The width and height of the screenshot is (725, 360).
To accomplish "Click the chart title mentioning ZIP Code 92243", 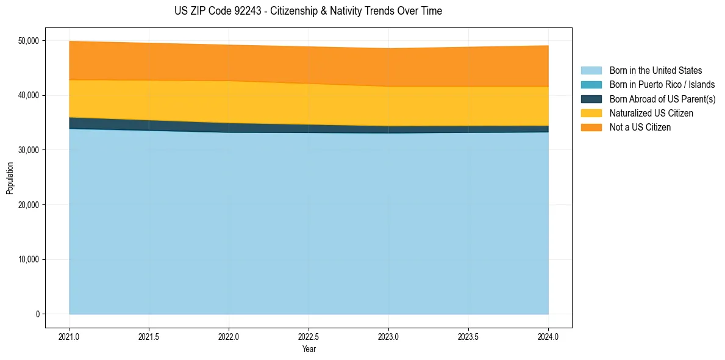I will pyautogui.click(x=308, y=11).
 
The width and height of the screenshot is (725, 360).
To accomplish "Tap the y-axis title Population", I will pyautogui.click(x=10, y=178).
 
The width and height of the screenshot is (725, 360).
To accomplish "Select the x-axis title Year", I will pyautogui.click(x=309, y=349).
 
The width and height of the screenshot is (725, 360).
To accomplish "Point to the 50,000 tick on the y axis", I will pyautogui.click(x=28, y=41).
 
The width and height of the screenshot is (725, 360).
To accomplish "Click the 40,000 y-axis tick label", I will pyautogui.click(x=28, y=95).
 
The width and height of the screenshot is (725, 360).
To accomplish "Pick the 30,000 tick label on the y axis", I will pyautogui.click(x=28, y=150).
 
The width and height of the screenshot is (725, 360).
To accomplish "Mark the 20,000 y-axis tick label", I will pyautogui.click(x=28, y=205).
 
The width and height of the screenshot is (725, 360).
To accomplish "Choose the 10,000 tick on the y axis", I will pyautogui.click(x=28, y=259).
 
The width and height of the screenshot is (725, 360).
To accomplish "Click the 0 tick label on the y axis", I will pyautogui.click(x=37, y=314).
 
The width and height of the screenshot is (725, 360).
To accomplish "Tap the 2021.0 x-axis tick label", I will pyautogui.click(x=70, y=336).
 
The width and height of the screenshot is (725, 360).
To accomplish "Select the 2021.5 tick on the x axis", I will pyautogui.click(x=149, y=336).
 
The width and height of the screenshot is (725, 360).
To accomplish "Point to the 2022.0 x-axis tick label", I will pyautogui.click(x=229, y=336).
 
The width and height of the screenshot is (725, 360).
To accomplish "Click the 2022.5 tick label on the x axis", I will pyautogui.click(x=309, y=336).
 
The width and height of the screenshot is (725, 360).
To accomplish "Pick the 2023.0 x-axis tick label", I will pyautogui.click(x=388, y=336).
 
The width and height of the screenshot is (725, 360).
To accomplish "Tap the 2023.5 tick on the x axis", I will pyautogui.click(x=468, y=336).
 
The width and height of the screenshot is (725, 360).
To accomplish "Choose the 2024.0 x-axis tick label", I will pyautogui.click(x=548, y=336).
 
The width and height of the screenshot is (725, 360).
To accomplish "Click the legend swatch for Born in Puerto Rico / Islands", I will pyautogui.click(x=591, y=85).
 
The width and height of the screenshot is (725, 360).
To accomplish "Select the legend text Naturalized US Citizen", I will pyautogui.click(x=651, y=113).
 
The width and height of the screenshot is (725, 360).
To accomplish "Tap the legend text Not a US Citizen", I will pyautogui.click(x=640, y=128).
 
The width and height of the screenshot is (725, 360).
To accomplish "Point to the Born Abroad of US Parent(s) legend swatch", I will pyautogui.click(x=591, y=99).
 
